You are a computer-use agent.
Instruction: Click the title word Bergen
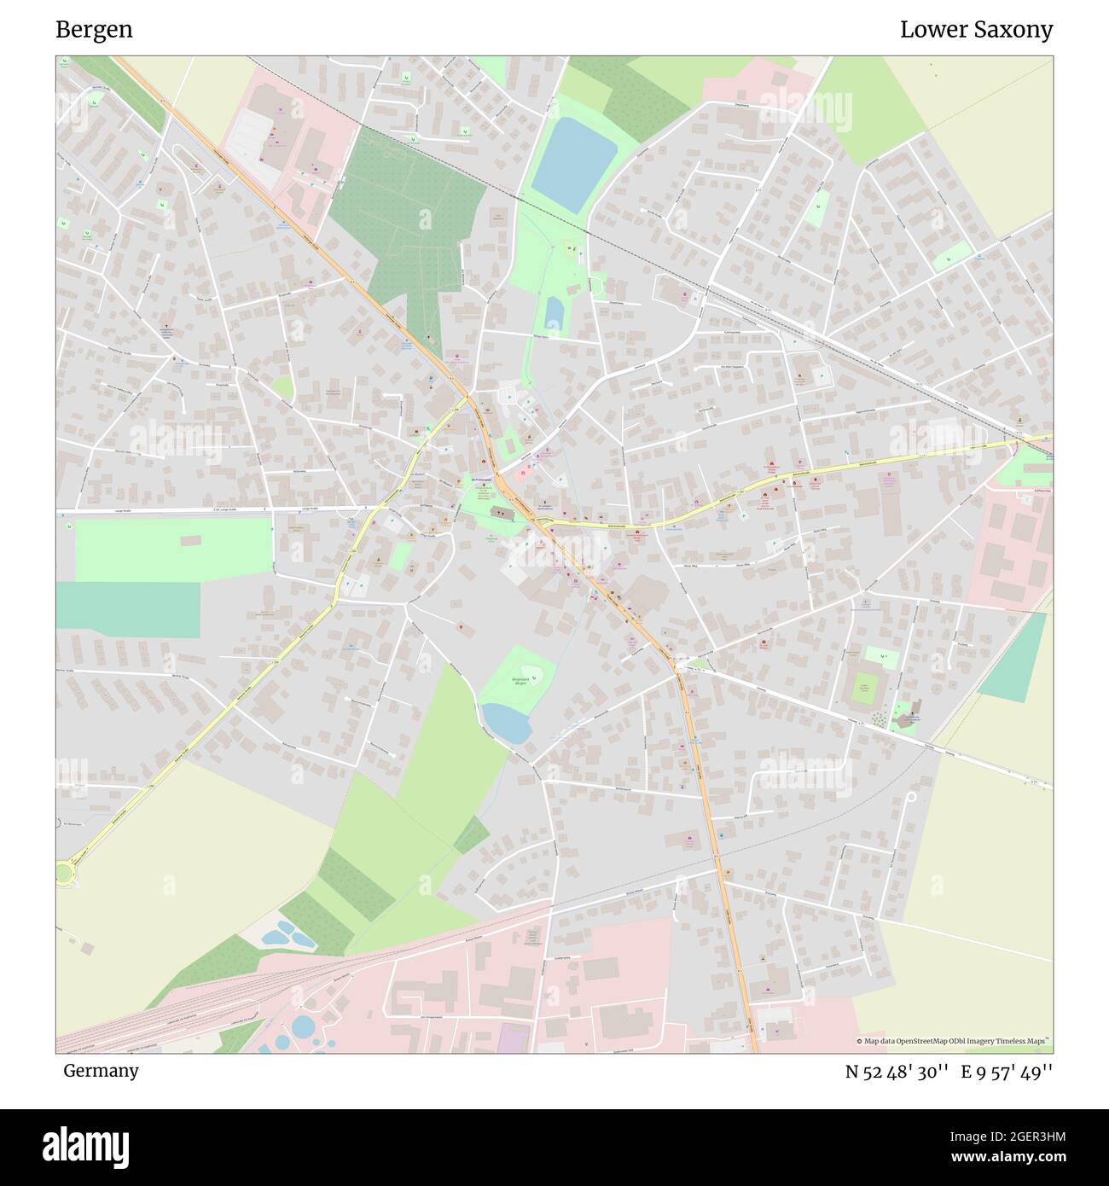94,30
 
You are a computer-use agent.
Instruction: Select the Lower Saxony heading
976,30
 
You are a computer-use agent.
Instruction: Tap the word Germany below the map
101,1070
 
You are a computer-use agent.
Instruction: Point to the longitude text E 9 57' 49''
1007,1072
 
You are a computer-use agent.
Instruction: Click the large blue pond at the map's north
573,162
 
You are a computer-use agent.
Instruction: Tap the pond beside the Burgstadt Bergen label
508,723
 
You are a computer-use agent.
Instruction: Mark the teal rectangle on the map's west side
128,609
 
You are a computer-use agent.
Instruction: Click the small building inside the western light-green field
190,540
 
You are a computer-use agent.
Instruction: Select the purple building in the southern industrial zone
511,1039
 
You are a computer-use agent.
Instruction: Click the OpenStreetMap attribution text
952,1041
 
